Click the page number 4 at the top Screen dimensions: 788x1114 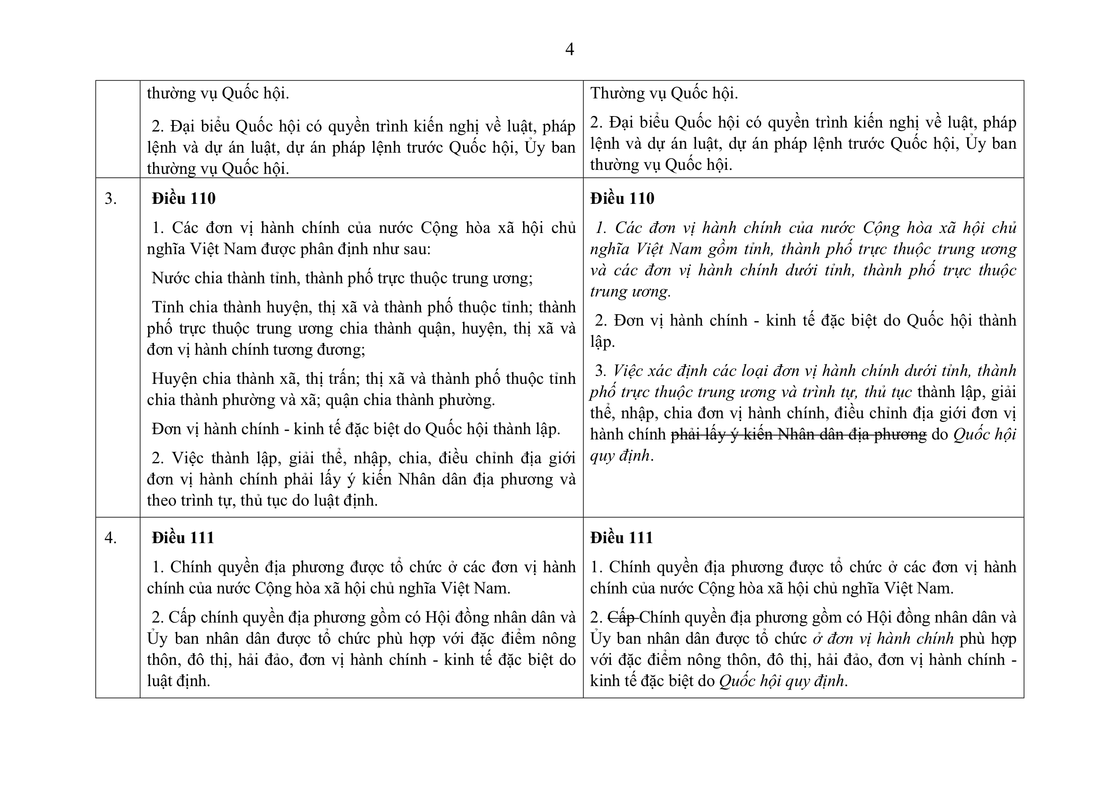pos(570,49)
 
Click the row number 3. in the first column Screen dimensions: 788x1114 pos(111,199)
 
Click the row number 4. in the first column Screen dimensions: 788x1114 pos(111,538)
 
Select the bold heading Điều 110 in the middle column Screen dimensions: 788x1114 pos(183,199)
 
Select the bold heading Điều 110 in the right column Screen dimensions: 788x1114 pos(622,199)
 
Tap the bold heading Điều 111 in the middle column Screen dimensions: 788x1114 pos(183,538)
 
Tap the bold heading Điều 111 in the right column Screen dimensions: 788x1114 pos(621,538)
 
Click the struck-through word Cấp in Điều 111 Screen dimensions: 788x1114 pos(621,618)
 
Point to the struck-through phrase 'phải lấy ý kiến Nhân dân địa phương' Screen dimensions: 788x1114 pos(798,435)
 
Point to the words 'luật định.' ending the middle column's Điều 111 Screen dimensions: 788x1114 pos(179,681)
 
